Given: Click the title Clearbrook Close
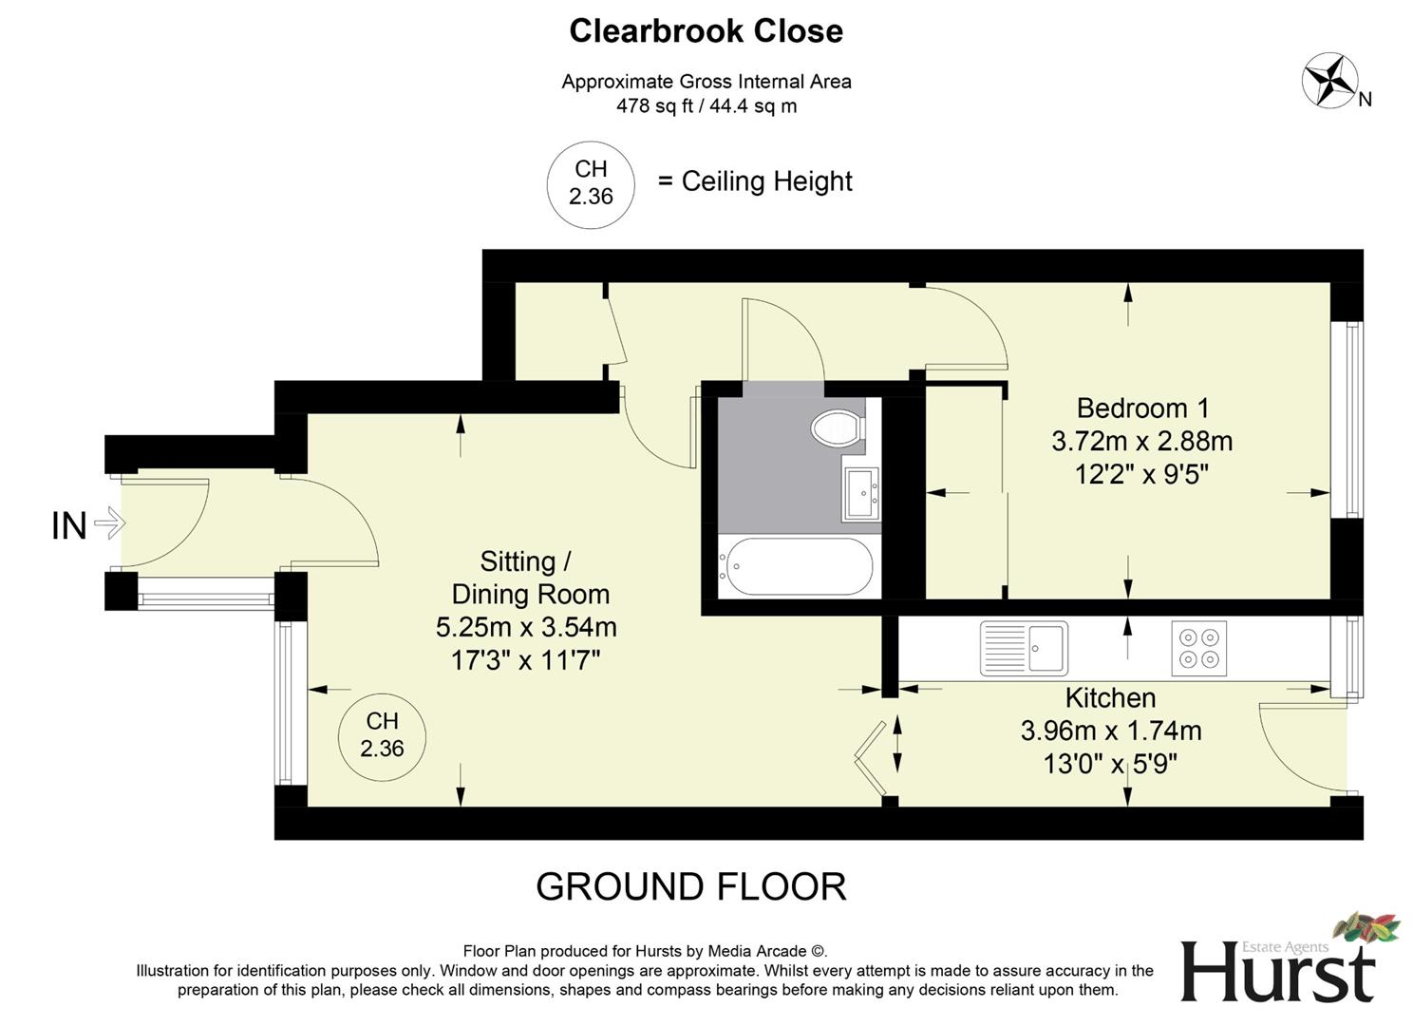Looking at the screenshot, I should (x=706, y=31).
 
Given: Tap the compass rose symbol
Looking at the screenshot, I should (x=1328, y=80).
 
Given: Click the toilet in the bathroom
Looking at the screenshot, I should (x=838, y=427).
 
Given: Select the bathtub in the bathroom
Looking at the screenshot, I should (x=795, y=567).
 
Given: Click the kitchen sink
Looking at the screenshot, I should (x=1024, y=648).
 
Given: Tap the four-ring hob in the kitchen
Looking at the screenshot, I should (x=1198, y=648).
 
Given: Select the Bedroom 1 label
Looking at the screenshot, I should (x=1142, y=408).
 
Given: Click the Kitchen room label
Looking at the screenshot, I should (x=1110, y=698).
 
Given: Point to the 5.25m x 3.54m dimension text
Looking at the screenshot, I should (x=526, y=627).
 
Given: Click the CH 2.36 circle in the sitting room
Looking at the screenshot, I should (x=382, y=735).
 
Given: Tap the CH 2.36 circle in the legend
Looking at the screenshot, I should (x=591, y=183).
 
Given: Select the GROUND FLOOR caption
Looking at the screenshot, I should (x=690, y=886).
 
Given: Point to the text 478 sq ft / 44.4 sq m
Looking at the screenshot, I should (x=706, y=106).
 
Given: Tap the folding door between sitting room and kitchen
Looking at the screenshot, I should (x=873, y=758).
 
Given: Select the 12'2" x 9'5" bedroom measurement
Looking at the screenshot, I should (x=1141, y=474).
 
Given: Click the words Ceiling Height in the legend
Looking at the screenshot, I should (x=766, y=181).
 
